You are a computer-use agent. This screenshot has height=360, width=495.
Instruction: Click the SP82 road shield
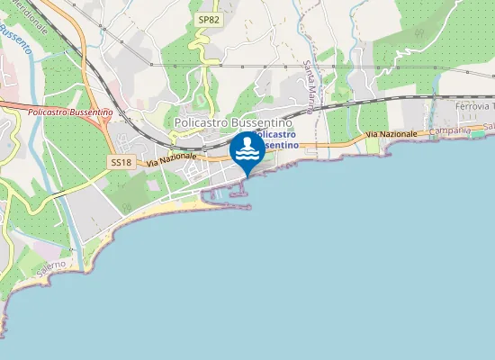coord(207,19)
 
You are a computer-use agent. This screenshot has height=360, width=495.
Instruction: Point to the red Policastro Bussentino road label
coord(70,111)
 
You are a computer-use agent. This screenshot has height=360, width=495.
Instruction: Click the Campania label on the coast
coord(450,130)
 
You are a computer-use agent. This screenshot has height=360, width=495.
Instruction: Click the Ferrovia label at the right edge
coord(471,107)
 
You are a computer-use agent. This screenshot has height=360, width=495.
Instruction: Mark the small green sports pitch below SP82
coord(200,101)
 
